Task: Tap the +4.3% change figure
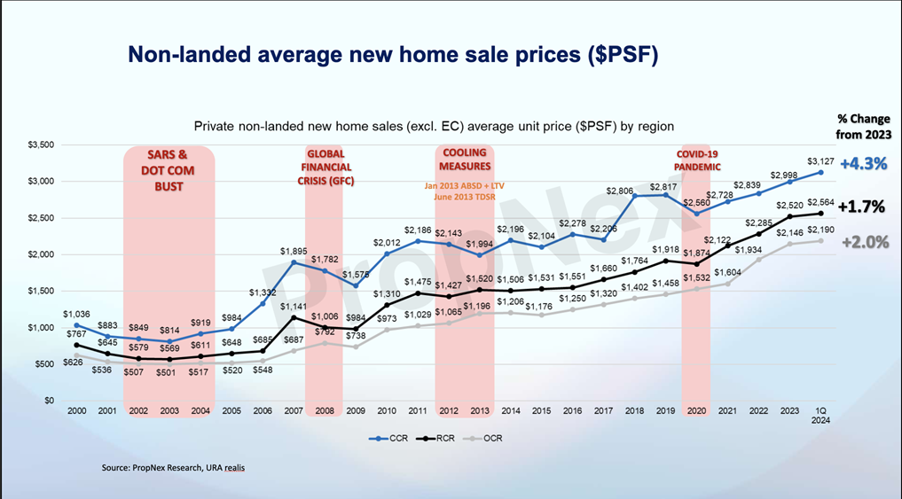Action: pos(862,163)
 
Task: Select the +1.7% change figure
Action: pos(862,207)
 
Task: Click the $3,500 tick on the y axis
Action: pos(41,144)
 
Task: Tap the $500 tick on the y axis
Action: pos(44,364)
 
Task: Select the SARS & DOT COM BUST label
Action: pos(167,170)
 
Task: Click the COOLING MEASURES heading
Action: pos(464,160)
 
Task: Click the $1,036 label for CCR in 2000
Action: pos(76,315)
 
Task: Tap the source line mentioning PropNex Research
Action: pos(172,466)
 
